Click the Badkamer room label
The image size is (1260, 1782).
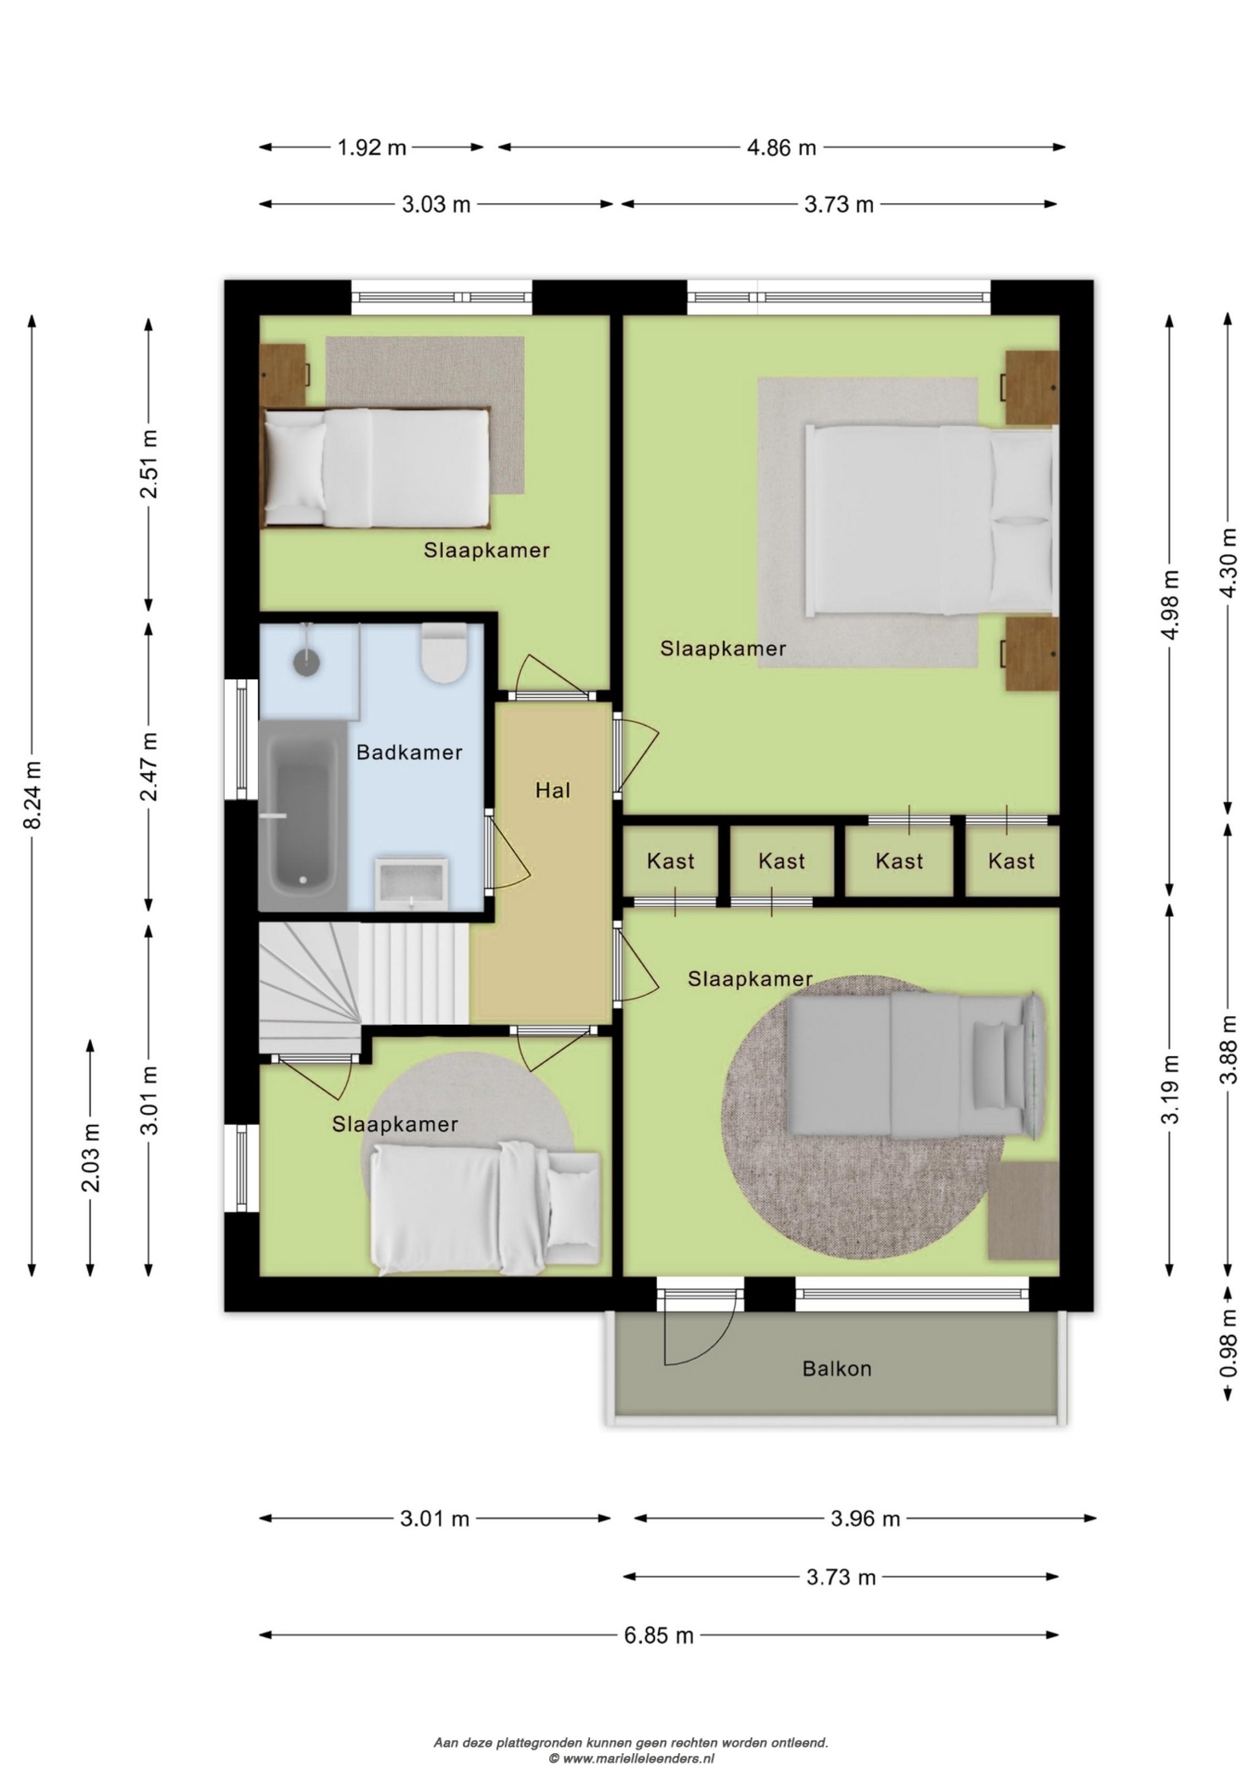pyautogui.click(x=409, y=752)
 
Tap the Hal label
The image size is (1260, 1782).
pyautogui.click(x=552, y=791)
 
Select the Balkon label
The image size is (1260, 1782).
pyautogui.click(x=836, y=1368)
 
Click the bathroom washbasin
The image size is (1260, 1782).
pyautogui.click(x=411, y=882)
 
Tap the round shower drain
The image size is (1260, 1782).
pyautogui.click(x=307, y=661)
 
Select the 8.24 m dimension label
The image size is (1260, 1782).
pyautogui.click(x=33, y=796)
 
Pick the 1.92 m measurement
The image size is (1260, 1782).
pyautogui.click(x=372, y=148)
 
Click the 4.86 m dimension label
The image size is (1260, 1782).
pyautogui.click(x=781, y=148)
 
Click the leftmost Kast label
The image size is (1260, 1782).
pyautogui.click(x=670, y=861)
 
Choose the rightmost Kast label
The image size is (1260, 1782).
pyautogui.click(x=1011, y=861)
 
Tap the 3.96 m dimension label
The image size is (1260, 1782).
pyautogui.click(x=865, y=1519)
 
